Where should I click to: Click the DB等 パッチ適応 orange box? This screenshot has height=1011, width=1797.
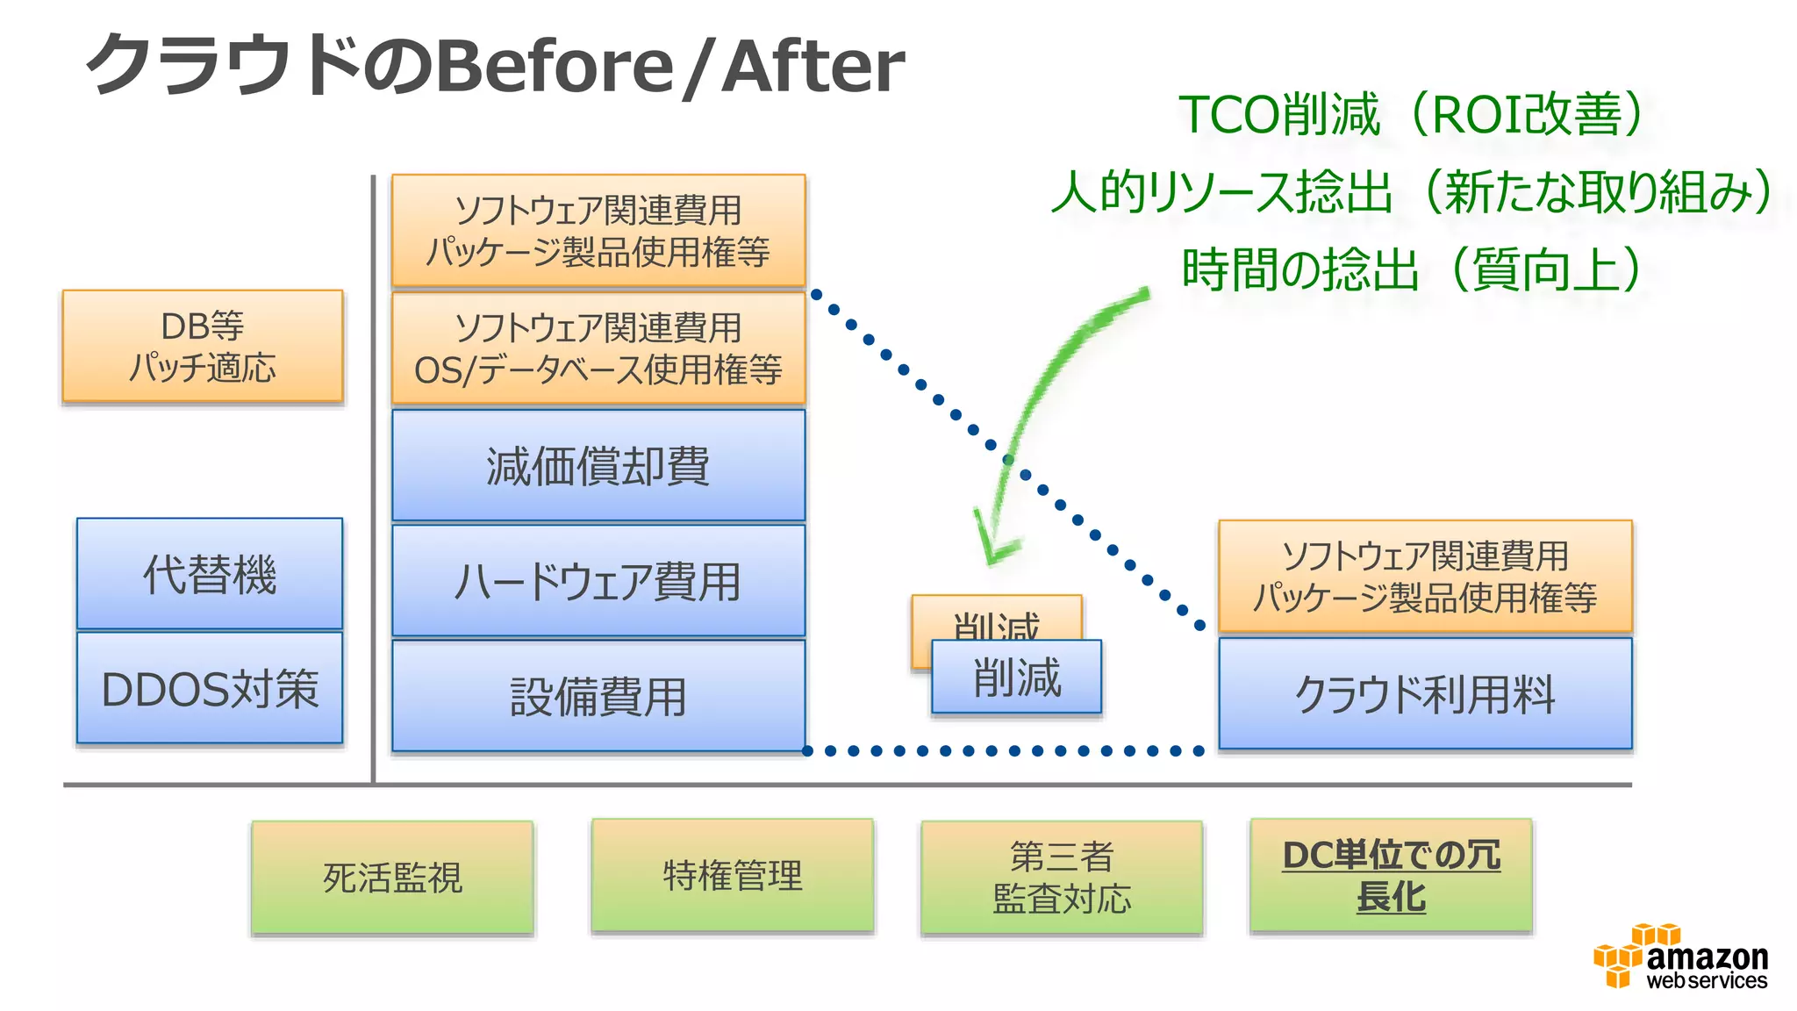[203, 347]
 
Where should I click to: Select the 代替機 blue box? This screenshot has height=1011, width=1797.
[210, 574]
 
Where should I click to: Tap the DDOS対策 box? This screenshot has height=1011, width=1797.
[210, 689]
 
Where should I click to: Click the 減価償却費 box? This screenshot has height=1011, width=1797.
[598, 466]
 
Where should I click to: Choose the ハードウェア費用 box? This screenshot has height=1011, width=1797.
[598, 581]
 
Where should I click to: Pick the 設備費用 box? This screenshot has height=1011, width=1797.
[598, 697]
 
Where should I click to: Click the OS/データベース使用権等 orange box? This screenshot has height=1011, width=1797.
[598, 349]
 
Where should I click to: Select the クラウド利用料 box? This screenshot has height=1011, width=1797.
[1425, 694]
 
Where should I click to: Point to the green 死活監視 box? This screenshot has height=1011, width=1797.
[392, 878]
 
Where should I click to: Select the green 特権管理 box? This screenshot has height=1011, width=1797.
[733, 876]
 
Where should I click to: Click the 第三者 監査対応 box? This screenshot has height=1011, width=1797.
[1062, 878]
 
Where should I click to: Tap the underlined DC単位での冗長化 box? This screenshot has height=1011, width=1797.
[1391, 876]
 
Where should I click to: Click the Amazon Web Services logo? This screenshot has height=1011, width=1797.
[1680, 958]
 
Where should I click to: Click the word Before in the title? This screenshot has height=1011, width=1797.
[554, 66]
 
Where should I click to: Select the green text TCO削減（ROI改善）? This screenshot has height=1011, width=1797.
[1410, 115]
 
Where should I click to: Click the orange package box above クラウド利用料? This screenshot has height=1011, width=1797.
[1425, 577]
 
